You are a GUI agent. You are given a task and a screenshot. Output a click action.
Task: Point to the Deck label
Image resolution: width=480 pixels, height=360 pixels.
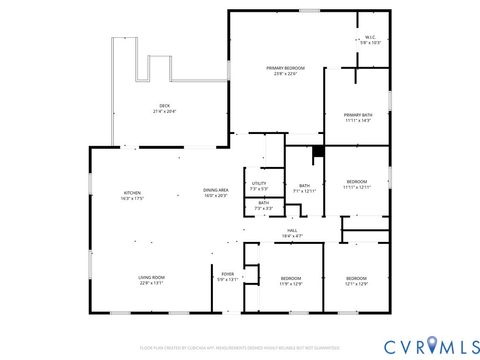coord(164,106)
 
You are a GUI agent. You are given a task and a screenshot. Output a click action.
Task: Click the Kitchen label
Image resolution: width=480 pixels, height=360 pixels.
coord(133,194)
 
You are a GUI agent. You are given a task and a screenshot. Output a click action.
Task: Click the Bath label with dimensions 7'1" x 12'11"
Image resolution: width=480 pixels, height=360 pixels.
coord(304,187)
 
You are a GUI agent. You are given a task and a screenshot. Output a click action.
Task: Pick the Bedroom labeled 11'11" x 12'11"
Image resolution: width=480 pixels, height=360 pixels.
coord(357,183)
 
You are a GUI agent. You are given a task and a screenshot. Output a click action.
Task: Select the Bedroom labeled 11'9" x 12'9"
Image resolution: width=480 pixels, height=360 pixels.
coord(291,279)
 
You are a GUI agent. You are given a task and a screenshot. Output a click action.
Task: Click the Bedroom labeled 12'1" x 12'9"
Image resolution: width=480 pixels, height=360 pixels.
coord(357,279)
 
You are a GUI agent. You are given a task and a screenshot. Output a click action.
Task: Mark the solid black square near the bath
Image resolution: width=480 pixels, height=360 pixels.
coord(317,152)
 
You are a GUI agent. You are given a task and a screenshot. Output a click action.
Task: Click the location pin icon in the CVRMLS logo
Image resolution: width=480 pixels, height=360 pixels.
coord(431,345)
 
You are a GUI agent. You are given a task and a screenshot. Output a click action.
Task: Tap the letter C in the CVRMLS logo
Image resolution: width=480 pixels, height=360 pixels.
coord(388,345)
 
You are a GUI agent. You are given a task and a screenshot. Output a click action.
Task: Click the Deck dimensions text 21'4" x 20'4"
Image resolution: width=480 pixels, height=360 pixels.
coord(164,111)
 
